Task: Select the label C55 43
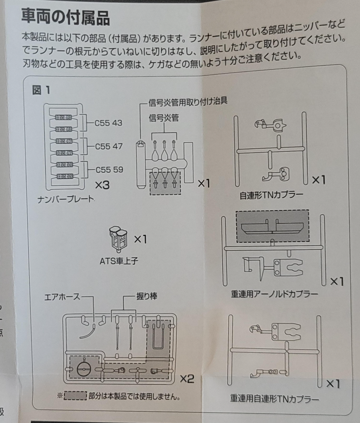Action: (x=108, y=122)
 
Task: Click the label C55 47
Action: (x=108, y=147)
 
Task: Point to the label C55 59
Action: (x=108, y=170)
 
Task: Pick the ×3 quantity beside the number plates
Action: (x=102, y=184)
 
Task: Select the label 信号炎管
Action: (x=164, y=118)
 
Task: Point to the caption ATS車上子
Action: (x=118, y=261)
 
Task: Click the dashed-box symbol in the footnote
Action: (x=75, y=396)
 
